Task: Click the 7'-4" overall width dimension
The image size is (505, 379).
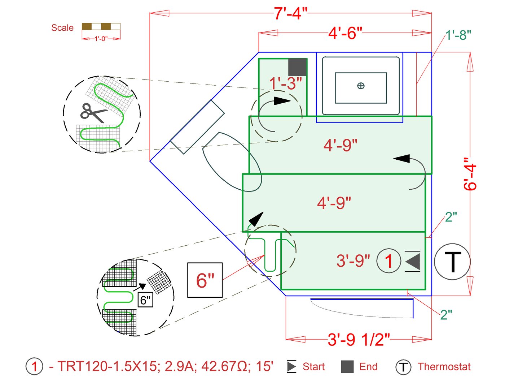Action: pyautogui.click(x=290, y=13)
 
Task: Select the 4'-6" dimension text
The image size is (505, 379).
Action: pyautogui.click(x=345, y=33)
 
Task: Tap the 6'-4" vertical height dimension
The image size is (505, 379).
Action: pyautogui.click(x=470, y=174)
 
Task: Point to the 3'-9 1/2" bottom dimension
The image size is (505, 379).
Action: pyautogui.click(x=359, y=340)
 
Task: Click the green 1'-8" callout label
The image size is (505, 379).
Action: pyautogui.click(x=458, y=35)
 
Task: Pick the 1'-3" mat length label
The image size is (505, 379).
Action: pyautogui.click(x=285, y=83)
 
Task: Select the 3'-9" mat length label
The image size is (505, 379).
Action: pyautogui.click(x=353, y=260)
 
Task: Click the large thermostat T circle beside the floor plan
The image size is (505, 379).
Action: pyautogui.click(x=452, y=261)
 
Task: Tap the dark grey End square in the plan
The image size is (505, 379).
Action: pyautogui.click(x=297, y=67)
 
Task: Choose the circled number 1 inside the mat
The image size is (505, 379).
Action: pyautogui.click(x=388, y=261)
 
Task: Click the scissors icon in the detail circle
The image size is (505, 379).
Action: pyautogui.click(x=93, y=113)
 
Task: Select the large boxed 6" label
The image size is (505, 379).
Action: pyautogui.click(x=205, y=280)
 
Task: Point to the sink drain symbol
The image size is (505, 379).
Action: pyautogui.click(x=361, y=86)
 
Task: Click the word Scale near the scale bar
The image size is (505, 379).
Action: pyautogui.click(x=62, y=28)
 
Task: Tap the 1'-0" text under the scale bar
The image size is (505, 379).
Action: pyautogui.click(x=101, y=39)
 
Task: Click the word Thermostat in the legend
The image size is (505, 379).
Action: pyautogui.click(x=444, y=367)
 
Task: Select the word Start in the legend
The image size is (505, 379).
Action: pyautogui.click(x=313, y=367)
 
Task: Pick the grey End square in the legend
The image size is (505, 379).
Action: pyautogui.click(x=347, y=367)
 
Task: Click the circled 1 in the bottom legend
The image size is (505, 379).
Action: pyautogui.click(x=34, y=367)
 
